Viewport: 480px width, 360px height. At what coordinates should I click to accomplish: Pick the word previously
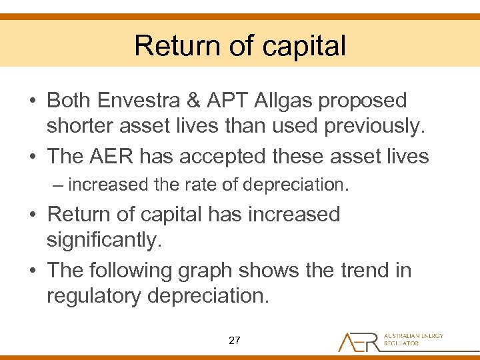pyautogui.click(x=364, y=126)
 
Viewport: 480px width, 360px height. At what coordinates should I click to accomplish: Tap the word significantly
pyautogui.click(x=104, y=240)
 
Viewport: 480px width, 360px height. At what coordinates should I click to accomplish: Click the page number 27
pyautogui.click(x=234, y=341)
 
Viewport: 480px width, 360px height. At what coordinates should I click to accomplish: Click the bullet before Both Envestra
pyautogui.click(x=32, y=101)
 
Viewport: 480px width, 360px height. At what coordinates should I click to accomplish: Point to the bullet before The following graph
pyautogui.click(x=32, y=271)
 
